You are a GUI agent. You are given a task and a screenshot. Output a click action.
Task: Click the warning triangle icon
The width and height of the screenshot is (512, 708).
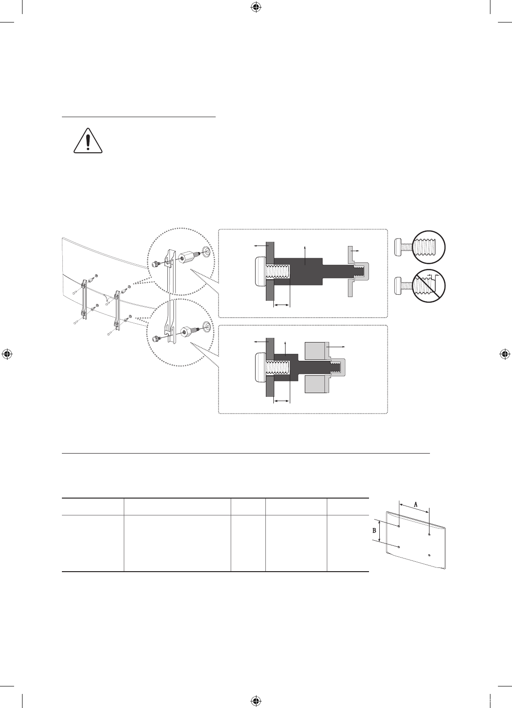[88, 141]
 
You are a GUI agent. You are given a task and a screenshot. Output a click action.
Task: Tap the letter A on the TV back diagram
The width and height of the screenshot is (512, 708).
[415, 505]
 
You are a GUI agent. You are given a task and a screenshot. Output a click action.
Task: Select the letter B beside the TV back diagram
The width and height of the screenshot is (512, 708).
[374, 530]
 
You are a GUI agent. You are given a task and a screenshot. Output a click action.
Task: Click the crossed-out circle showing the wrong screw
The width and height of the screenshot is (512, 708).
[429, 286]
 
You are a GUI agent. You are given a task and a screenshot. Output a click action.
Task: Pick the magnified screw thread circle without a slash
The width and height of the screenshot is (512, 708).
[429, 247]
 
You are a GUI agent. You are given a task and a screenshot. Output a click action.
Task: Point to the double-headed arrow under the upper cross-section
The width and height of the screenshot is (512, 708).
[281, 305]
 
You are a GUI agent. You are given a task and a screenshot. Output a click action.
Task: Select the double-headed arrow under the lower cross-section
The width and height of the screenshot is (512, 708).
[281, 401]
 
